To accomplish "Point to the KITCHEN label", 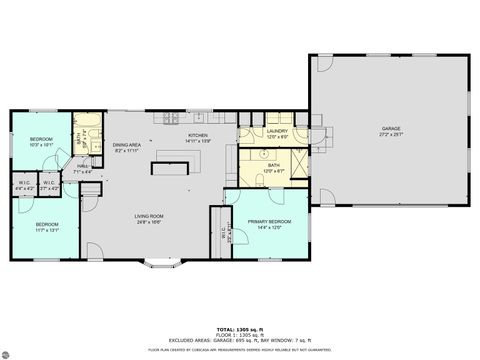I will pos(198,136).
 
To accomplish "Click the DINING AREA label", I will pos(125,145).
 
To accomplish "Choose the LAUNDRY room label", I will pos(277,131).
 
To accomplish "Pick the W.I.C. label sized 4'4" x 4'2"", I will pos(26,184).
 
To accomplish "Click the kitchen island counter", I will pos(171,168).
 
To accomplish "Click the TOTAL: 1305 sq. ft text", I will pos(240,328).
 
